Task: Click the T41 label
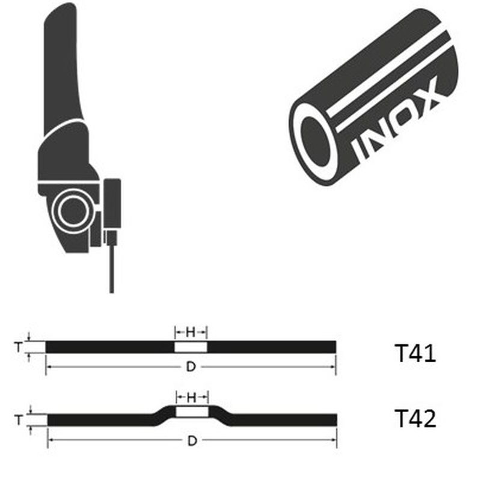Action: [x=415, y=353]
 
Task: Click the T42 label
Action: [x=415, y=418]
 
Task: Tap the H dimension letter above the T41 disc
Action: [x=191, y=332]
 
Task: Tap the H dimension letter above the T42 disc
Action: [x=192, y=398]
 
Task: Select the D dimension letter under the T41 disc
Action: [x=191, y=367]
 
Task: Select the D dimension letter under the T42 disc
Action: [x=192, y=441]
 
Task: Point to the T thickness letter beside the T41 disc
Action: [x=19, y=347]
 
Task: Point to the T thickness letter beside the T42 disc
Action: [x=19, y=420]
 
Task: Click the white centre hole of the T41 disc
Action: [x=191, y=347]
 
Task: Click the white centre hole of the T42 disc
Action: [x=192, y=412]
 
